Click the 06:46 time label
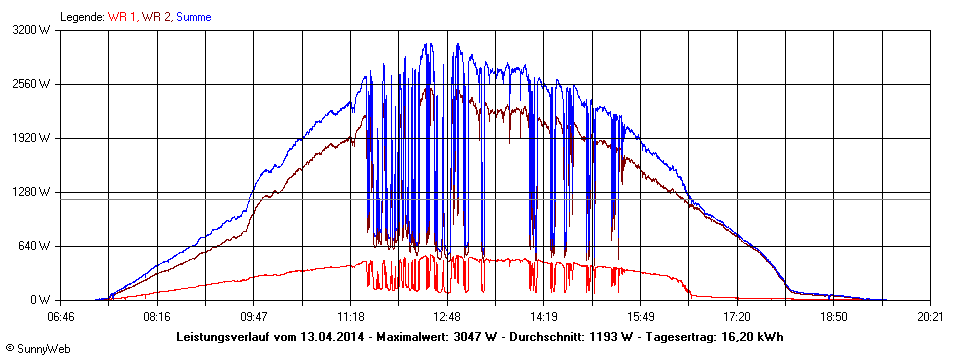point(61,316)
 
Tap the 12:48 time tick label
point(447,316)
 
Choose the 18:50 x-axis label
point(834,316)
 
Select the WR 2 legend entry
point(155,17)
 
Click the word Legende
point(82,17)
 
